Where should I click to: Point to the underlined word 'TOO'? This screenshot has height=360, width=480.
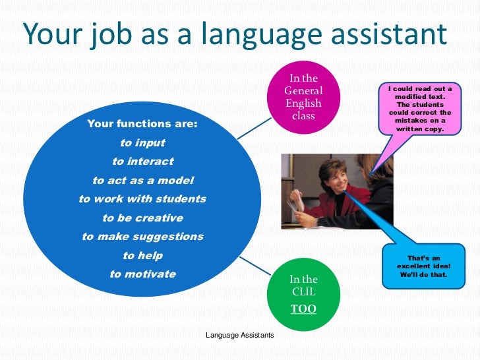pyautogui.click(x=303, y=309)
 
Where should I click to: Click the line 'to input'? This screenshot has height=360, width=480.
pyautogui.click(x=142, y=142)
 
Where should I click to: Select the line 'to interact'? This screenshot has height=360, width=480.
pyautogui.click(x=142, y=161)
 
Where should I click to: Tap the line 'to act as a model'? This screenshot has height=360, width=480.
pyautogui.click(x=142, y=180)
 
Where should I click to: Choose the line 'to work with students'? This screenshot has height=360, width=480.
pyautogui.click(x=142, y=198)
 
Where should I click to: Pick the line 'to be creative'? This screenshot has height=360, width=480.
pyautogui.click(x=142, y=218)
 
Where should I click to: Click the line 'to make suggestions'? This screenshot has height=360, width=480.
pyautogui.click(x=142, y=236)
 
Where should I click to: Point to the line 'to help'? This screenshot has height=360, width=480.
pyautogui.click(x=142, y=255)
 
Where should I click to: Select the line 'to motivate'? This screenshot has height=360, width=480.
pyautogui.click(x=142, y=274)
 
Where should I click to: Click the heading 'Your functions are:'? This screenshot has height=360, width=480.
pyautogui.click(x=142, y=123)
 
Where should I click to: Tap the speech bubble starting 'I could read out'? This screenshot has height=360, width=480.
pyautogui.click(x=419, y=109)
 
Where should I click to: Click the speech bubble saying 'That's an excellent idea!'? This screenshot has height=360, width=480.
pyautogui.click(x=419, y=266)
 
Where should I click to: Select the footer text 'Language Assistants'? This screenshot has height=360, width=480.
pyautogui.click(x=239, y=336)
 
